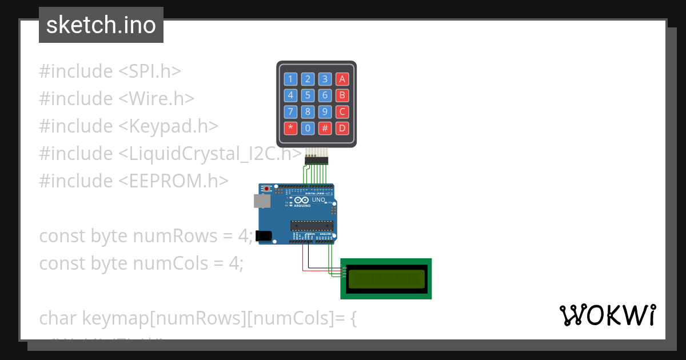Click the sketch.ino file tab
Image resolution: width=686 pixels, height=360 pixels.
[x=101, y=25]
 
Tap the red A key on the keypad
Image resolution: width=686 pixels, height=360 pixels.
[x=342, y=79]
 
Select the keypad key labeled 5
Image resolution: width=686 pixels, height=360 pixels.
[x=308, y=95]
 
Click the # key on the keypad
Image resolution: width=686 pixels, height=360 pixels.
[x=325, y=127]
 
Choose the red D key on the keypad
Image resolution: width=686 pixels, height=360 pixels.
[x=342, y=127]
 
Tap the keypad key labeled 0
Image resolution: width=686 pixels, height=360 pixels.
[x=308, y=127]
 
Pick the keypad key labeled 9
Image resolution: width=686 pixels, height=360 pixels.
[x=325, y=111]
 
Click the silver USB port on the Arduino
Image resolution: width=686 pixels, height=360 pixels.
[x=262, y=201]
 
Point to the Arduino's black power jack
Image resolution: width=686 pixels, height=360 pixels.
[x=263, y=235]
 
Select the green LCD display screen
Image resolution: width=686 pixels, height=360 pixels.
[x=386, y=279]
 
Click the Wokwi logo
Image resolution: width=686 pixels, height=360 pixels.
[x=607, y=315]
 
